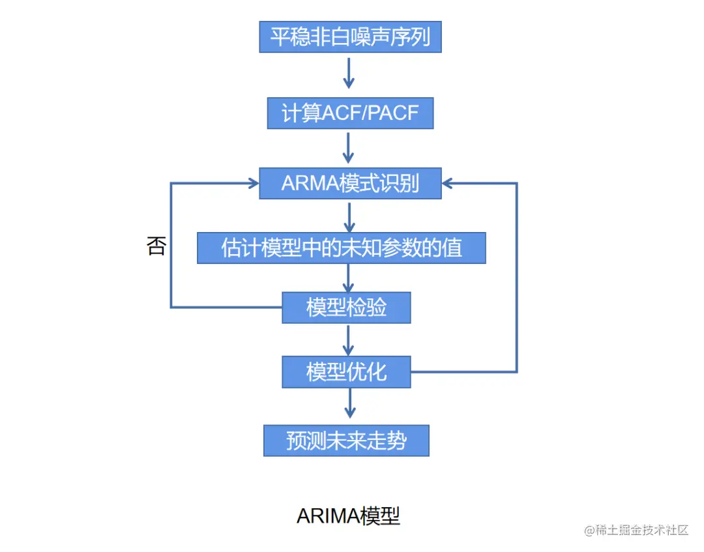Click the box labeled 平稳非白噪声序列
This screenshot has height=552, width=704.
(350, 36)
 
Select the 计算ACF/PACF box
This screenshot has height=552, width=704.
(350, 113)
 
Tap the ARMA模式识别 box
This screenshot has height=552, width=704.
(350, 183)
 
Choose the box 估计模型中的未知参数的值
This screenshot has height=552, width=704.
(342, 248)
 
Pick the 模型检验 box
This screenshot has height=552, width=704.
(346, 308)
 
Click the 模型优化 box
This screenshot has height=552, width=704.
(346, 371)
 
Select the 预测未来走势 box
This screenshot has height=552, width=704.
(346, 441)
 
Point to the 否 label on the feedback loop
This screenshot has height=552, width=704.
(156, 246)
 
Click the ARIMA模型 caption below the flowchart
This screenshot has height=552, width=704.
(348, 516)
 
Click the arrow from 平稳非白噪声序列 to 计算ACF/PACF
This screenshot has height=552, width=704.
(349, 73)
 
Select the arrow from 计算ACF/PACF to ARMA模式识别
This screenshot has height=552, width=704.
(349, 148)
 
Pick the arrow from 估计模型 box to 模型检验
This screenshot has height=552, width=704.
(349, 278)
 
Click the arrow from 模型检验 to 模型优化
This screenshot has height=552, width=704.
(349, 340)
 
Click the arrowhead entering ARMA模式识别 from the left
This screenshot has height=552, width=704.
(252, 184)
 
